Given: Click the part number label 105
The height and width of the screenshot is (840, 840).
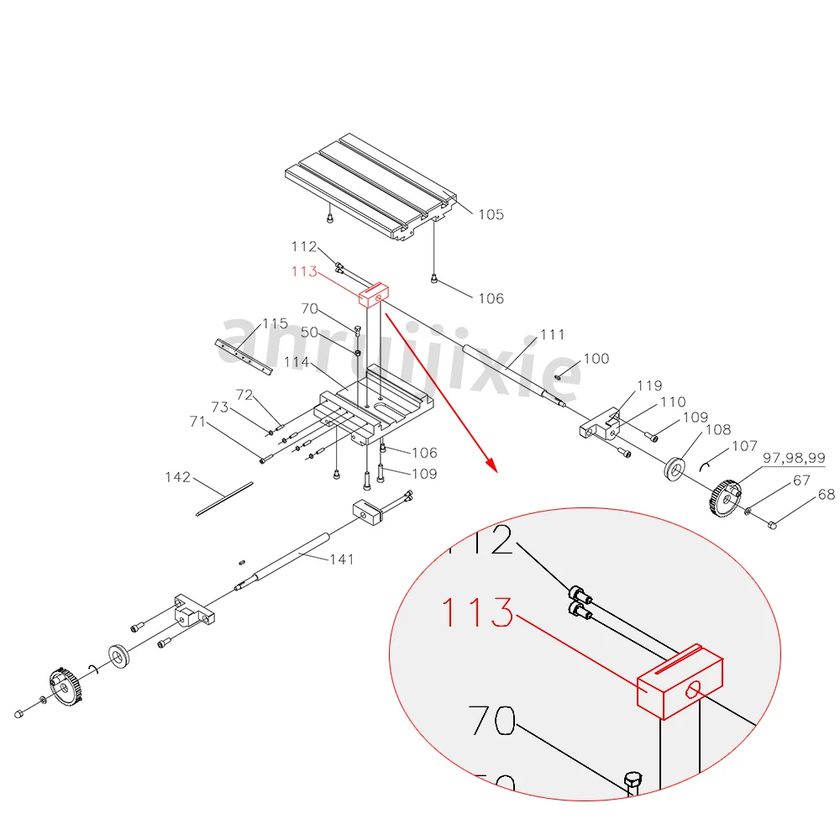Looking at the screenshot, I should (491, 214).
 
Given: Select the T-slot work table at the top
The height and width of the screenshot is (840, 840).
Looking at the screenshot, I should (370, 186).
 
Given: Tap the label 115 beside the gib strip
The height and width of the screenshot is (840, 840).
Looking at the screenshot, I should (275, 323).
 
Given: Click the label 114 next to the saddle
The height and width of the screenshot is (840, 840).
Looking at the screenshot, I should (297, 362).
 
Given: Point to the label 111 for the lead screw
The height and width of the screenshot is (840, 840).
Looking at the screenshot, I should (552, 334).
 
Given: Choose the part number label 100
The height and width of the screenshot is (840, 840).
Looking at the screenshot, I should (596, 359).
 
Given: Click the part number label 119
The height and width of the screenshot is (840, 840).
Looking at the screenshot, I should (649, 386).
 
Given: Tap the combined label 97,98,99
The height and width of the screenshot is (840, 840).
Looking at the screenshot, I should (793, 459).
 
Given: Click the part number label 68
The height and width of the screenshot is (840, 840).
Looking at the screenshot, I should (827, 495).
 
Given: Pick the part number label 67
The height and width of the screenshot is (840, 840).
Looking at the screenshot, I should (801, 480).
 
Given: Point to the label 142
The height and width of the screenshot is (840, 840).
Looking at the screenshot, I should (177, 477).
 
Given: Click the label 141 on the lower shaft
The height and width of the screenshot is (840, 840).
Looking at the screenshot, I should (341, 559).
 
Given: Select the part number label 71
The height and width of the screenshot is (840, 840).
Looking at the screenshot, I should (197, 422).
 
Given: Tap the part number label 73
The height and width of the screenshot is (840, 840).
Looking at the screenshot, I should (219, 407).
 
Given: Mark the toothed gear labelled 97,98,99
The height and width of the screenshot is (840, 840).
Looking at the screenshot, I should (724, 497).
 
